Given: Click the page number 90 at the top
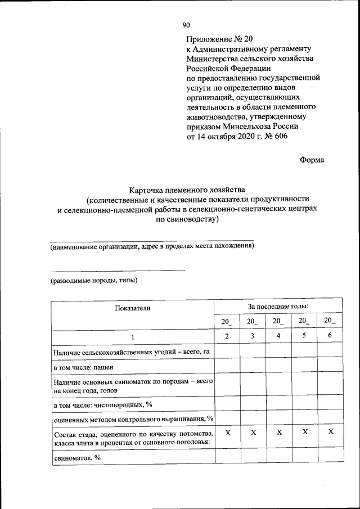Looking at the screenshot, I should (186, 25).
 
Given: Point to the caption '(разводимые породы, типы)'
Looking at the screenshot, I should (94, 280).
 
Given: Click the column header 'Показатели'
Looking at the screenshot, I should (133, 308).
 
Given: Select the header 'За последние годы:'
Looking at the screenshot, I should (278, 307).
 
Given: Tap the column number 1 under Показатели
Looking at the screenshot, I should (133, 336).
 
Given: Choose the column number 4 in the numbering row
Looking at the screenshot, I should (278, 336).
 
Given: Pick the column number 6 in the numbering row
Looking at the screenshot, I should (330, 336).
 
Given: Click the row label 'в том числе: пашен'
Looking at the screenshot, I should (83, 367).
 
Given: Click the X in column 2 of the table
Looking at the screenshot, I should (227, 432).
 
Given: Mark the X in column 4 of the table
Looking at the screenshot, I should (278, 432).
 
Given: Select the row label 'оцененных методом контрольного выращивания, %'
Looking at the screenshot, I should (133, 419).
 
